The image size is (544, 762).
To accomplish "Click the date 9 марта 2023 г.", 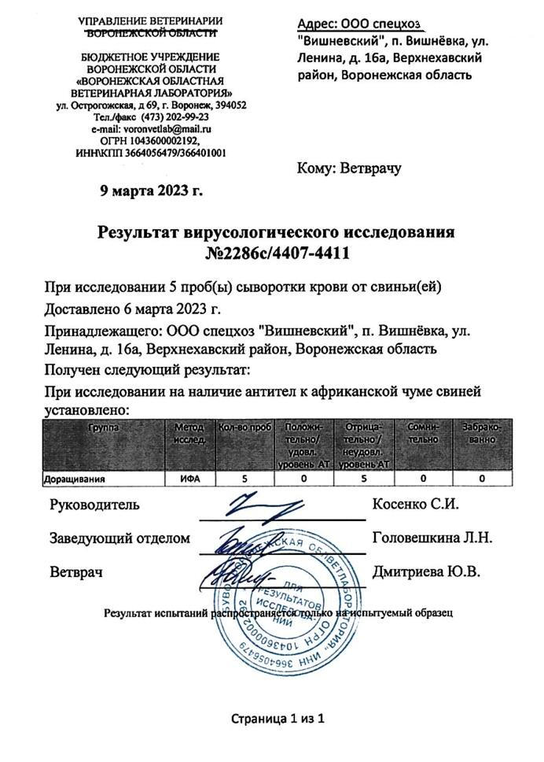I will [152, 190].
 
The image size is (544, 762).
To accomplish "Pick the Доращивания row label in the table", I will [75, 478].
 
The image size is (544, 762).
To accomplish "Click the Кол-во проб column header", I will [243, 426].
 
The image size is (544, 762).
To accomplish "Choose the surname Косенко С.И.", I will [415, 504].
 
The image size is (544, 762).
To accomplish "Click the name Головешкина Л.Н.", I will [432, 538].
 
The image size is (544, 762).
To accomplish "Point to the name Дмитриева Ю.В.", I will [428, 572].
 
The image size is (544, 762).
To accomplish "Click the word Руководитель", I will [94, 504].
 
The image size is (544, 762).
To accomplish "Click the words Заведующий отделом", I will [120, 538].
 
